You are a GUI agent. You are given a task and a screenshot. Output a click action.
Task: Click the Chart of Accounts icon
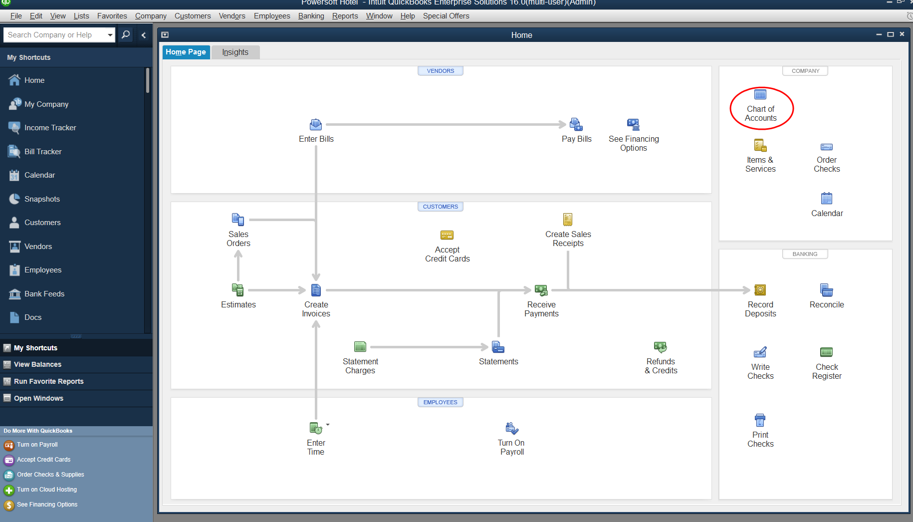coord(760,94)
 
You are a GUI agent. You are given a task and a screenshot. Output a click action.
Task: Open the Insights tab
coord(235,52)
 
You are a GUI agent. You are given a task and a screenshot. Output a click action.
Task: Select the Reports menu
coord(345,16)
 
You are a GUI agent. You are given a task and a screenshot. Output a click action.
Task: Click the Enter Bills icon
coord(316,124)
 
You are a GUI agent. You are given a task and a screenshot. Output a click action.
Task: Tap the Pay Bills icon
coord(576,124)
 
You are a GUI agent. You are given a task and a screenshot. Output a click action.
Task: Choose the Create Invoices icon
coord(316,290)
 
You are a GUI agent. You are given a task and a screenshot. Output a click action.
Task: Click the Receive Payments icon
coord(541,290)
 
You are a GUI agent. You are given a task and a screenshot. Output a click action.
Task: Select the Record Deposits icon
coord(760,290)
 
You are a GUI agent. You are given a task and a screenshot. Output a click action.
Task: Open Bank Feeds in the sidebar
coord(44,294)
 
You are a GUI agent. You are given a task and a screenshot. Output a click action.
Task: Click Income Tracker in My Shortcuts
coord(50,128)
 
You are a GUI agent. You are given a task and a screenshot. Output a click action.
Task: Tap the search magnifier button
coord(126,35)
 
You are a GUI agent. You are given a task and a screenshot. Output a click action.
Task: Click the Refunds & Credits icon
coord(661,347)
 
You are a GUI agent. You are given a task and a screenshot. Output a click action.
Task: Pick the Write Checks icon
coord(760,352)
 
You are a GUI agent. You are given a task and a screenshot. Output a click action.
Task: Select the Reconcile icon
coord(826,290)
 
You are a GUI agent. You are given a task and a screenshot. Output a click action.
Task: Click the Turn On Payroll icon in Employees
coord(512,428)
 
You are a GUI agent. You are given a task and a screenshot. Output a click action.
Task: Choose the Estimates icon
coord(238,290)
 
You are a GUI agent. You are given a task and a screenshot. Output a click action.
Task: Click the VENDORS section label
coord(441,71)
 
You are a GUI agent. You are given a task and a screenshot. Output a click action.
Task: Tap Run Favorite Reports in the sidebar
coord(48,381)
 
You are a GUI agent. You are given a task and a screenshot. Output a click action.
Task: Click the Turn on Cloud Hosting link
coord(47,490)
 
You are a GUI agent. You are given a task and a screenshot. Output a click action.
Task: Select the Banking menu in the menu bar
coord(311,16)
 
